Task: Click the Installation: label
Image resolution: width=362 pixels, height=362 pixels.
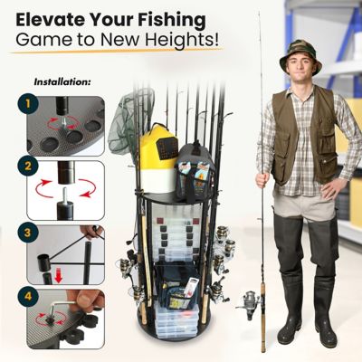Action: (62, 81)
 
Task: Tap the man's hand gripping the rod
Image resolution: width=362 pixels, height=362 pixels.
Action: (262, 178)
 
